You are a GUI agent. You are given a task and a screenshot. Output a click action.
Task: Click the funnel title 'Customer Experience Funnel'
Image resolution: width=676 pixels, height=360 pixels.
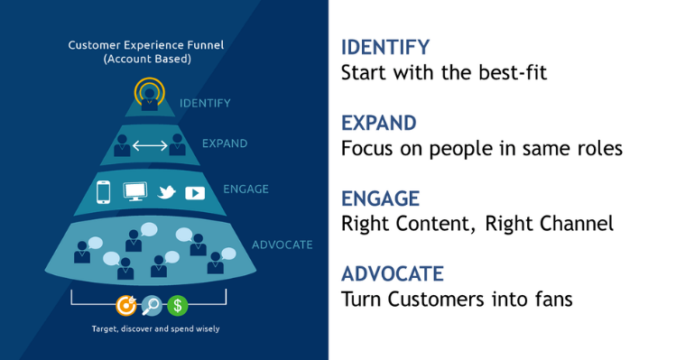144,43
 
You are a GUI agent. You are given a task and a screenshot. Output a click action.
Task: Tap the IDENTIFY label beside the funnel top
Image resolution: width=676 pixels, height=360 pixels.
205,103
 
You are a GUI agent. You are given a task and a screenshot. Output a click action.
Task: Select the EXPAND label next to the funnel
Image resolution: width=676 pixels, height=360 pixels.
225,143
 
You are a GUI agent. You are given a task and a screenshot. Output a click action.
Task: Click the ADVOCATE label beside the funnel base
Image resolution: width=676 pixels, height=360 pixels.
281,244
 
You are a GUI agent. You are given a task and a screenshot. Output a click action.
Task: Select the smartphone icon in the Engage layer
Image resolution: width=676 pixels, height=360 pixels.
103,192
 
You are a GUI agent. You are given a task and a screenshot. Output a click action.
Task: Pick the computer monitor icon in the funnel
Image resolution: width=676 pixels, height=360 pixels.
134,192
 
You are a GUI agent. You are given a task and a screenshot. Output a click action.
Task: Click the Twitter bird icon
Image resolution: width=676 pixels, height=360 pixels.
165,192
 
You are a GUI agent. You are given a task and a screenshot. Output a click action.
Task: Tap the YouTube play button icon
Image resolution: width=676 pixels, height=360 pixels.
194,192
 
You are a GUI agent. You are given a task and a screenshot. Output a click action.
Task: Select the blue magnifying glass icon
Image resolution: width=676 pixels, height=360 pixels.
152,305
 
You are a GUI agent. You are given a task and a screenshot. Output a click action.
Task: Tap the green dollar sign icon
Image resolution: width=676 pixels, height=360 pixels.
177,305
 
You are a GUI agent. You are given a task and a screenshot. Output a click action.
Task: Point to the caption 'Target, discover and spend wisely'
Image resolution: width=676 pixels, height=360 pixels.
154,328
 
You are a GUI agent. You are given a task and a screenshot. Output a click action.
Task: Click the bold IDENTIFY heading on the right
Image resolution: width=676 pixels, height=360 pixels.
385,47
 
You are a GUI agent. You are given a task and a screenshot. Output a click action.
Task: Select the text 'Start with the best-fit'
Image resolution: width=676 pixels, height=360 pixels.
444,73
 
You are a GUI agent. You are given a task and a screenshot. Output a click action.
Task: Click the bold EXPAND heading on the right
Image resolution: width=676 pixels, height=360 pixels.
380,123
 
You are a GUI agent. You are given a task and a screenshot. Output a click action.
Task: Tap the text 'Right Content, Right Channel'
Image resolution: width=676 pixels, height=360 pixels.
477,223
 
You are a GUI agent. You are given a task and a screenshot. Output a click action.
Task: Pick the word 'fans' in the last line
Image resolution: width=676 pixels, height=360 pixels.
551,299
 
